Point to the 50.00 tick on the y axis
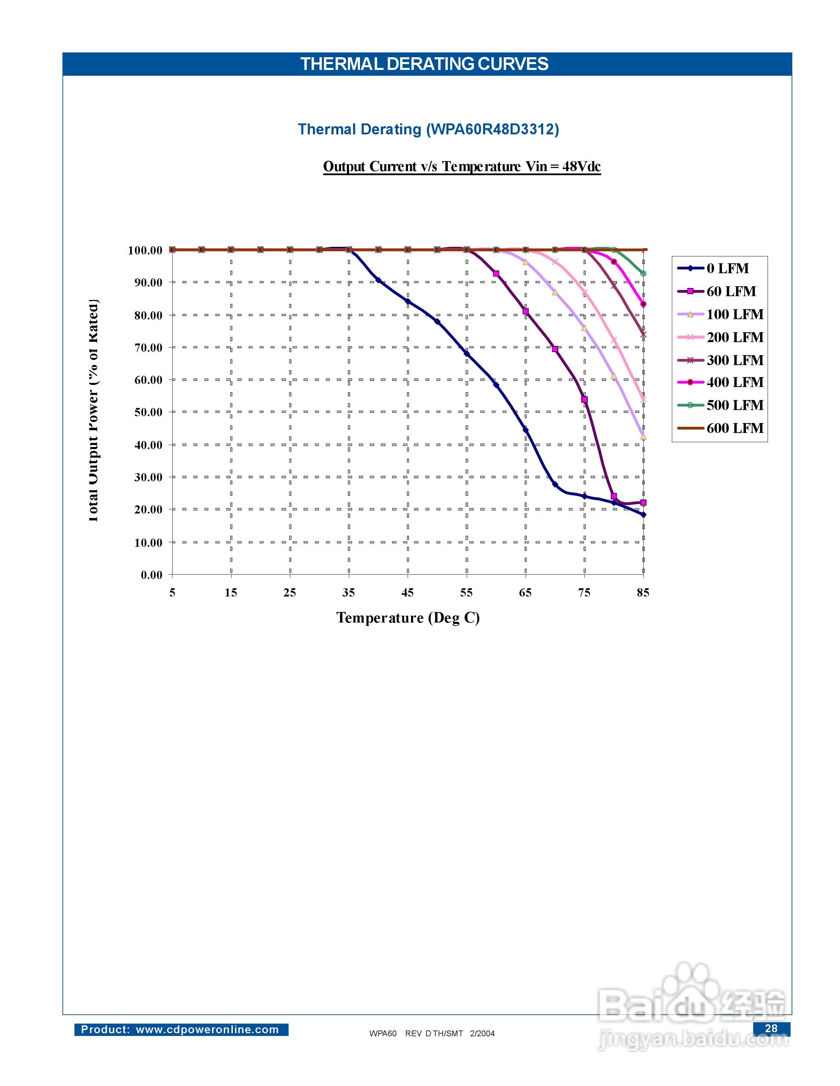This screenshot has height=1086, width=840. tap(148, 412)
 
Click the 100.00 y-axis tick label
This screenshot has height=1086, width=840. tap(145, 250)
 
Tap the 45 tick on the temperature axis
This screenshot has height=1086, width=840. tap(408, 592)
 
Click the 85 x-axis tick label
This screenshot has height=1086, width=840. tap(643, 592)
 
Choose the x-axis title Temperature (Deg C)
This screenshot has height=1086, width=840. tap(408, 618)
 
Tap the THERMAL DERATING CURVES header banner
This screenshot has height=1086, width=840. tap(424, 64)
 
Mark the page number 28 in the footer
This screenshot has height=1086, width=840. tap(771, 1028)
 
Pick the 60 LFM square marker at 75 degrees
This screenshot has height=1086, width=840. tap(584, 400)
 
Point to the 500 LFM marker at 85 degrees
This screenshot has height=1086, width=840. tap(643, 274)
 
